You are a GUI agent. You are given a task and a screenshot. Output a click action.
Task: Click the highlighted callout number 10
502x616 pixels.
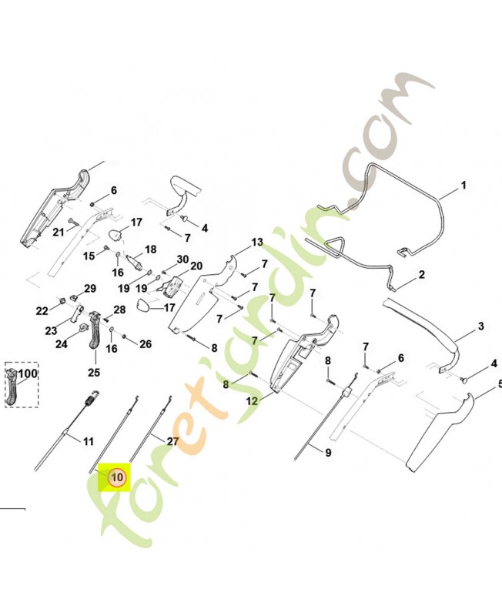click(118, 477)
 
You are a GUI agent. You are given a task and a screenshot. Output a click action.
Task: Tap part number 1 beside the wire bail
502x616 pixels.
click(464, 185)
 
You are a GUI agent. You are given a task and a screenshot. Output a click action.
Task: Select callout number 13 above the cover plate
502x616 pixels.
click(257, 243)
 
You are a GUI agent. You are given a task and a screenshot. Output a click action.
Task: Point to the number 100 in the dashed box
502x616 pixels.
click(28, 373)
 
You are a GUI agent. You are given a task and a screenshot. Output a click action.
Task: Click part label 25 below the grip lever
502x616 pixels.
click(94, 372)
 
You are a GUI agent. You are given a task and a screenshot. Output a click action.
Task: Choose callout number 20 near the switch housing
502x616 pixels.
click(196, 266)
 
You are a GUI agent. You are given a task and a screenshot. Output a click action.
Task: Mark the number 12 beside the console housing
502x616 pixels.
click(252, 401)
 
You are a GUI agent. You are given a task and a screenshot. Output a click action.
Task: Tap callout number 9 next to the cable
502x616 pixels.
click(329, 453)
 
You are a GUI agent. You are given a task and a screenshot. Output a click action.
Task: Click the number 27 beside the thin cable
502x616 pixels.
click(172, 441)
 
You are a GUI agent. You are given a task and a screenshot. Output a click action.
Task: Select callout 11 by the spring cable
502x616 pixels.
click(89, 441)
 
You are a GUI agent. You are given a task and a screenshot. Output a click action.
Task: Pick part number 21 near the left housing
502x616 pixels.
click(59, 233)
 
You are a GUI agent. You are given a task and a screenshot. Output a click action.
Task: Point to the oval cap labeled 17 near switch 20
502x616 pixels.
click(143, 306)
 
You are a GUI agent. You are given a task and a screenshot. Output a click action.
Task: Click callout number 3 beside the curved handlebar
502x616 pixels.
click(481, 326)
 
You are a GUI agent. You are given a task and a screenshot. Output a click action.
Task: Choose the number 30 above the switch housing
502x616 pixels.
click(182, 259)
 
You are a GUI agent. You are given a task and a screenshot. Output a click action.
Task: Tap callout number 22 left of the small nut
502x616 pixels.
click(42, 311)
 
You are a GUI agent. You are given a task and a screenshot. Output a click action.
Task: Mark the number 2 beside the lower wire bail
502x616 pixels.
click(421, 274)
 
